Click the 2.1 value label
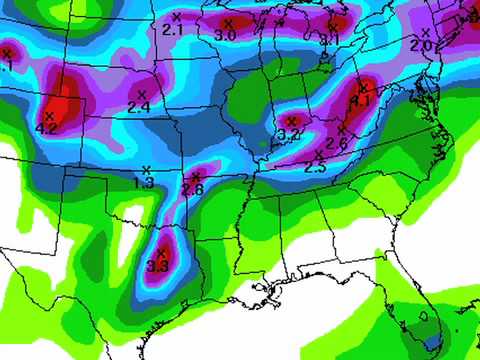point(172,31)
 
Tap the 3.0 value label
point(225,35)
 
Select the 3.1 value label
point(329,39)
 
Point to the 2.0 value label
point(421,46)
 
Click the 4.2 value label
point(46,129)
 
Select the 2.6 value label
point(336,144)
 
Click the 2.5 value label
point(314,168)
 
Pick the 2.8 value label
point(193,189)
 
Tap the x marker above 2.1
point(176,17)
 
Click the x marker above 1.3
point(147,169)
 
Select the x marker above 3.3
point(161,252)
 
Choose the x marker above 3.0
point(228,22)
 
